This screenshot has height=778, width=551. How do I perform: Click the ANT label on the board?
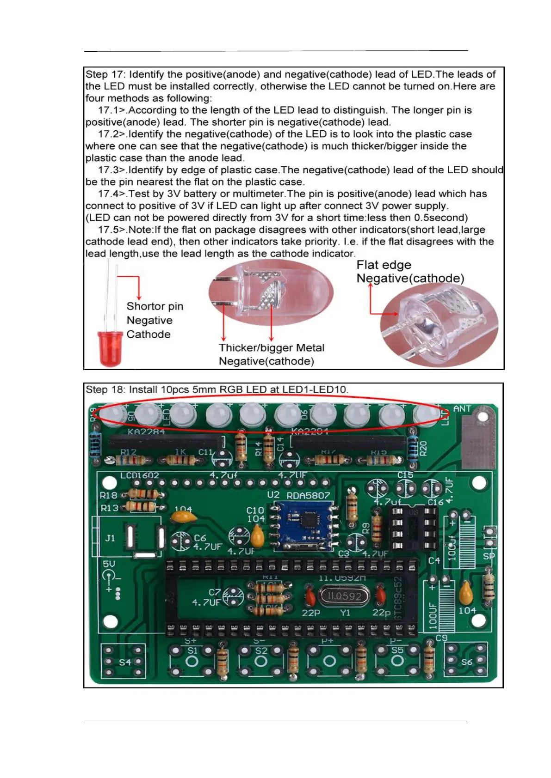tap(462, 409)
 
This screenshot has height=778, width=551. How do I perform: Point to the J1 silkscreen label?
tap(110, 538)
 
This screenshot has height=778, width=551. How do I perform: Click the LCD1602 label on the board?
tap(139, 475)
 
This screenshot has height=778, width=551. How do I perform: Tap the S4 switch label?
tap(125, 662)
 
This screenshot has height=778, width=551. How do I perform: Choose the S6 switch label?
tap(467, 662)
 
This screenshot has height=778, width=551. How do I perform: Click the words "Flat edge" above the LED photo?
tap(384, 265)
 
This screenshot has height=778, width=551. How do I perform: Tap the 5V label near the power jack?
tap(109, 564)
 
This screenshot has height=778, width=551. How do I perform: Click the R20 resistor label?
tap(423, 448)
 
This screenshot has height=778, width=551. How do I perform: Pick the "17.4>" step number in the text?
tap(112, 194)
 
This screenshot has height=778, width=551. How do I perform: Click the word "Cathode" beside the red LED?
tap(148, 334)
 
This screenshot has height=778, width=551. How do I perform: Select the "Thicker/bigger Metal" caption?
tap(271, 348)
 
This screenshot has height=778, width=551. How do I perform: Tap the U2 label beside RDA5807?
tap(273, 495)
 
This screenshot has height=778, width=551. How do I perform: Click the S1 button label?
tap(192, 650)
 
